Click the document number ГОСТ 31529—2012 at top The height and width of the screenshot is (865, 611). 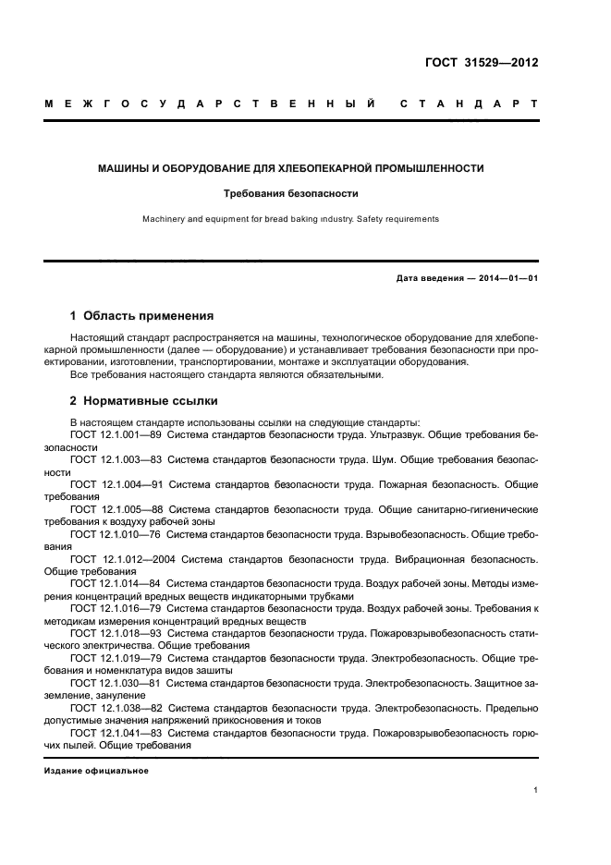(479, 64)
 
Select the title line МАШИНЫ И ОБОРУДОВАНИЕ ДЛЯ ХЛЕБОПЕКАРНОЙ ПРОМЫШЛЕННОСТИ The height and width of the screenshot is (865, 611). (291, 168)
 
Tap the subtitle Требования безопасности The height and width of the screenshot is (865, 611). (291, 194)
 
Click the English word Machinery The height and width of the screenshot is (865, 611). (164, 219)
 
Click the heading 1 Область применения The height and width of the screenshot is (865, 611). (141, 315)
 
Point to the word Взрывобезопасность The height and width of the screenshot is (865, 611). (419, 534)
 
